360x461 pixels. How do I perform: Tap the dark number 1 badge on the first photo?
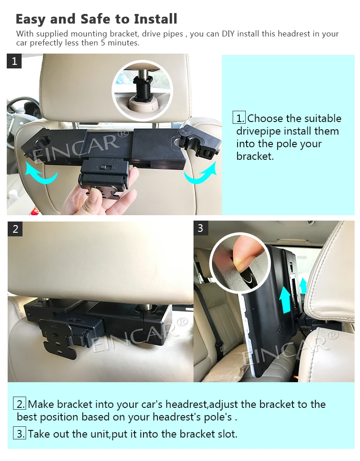[x=14, y=61]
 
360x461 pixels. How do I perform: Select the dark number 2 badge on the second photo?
[x=15, y=229]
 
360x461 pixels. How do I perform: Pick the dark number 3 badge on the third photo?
[x=201, y=228]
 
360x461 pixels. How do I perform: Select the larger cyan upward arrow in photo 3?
[x=284, y=300]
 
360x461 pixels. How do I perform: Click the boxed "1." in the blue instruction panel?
[x=239, y=118]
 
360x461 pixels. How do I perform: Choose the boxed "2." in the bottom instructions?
[x=20, y=404]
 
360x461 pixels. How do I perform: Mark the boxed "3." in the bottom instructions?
[x=20, y=434]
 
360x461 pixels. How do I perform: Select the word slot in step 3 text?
[x=227, y=434]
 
